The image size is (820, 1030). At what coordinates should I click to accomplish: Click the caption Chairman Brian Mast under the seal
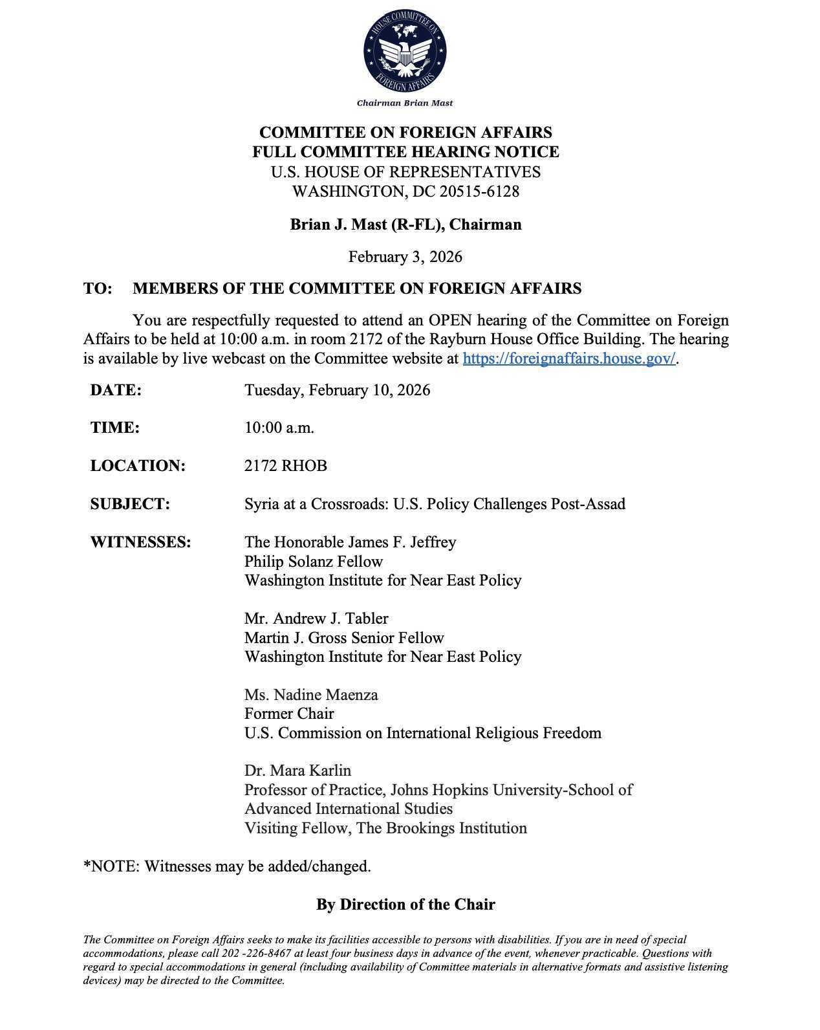point(405,103)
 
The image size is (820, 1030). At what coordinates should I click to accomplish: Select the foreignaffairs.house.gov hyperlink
point(568,358)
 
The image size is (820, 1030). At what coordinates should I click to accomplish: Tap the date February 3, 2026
point(405,257)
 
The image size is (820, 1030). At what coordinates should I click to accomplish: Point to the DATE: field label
point(116,390)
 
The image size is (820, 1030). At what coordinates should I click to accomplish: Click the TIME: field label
point(115,428)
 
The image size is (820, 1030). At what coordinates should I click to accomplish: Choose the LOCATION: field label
point(138,466)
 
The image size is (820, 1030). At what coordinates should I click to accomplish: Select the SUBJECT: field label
point(130,504)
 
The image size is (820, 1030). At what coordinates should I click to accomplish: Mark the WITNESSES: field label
point(140,542)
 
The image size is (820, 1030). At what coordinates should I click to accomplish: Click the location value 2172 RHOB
point(285,466)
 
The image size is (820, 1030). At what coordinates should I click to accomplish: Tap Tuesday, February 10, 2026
point(337,390)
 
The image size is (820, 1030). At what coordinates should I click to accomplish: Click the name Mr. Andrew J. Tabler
point(316,619)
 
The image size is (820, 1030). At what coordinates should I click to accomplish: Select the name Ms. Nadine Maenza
point(311,695)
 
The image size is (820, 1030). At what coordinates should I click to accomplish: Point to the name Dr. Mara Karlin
point(297,771)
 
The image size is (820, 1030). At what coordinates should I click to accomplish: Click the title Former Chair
point(289,714)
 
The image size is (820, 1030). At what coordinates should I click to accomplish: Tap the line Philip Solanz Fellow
point(314,562)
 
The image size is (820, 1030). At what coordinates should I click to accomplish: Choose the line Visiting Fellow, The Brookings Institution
point(385,828)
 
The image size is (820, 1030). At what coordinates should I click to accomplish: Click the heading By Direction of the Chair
point(405,904)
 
